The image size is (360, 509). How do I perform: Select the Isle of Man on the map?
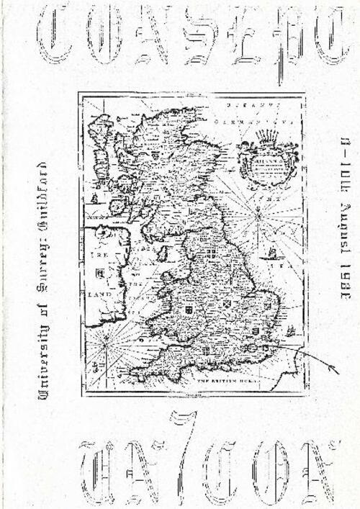point(163,253)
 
